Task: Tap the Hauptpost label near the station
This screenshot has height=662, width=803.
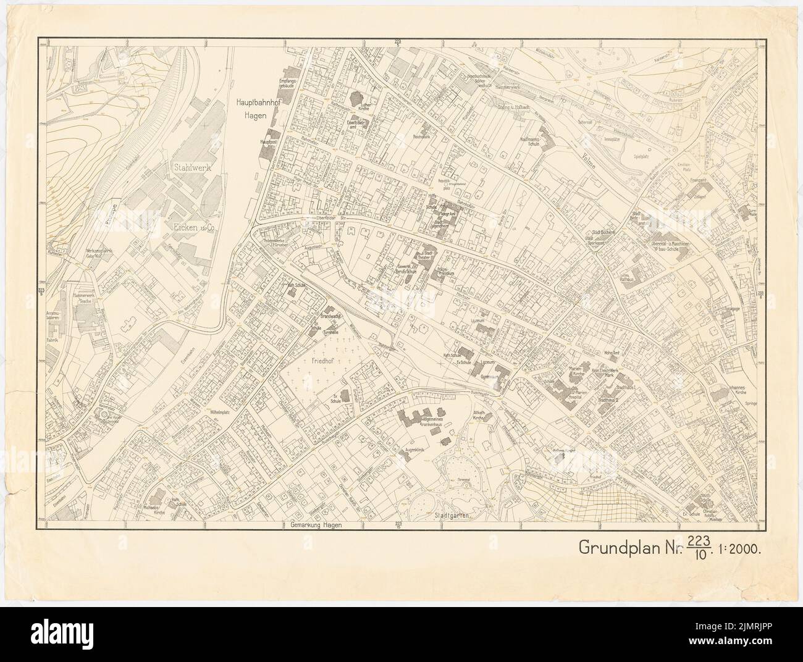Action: click(x=266, y=142)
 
